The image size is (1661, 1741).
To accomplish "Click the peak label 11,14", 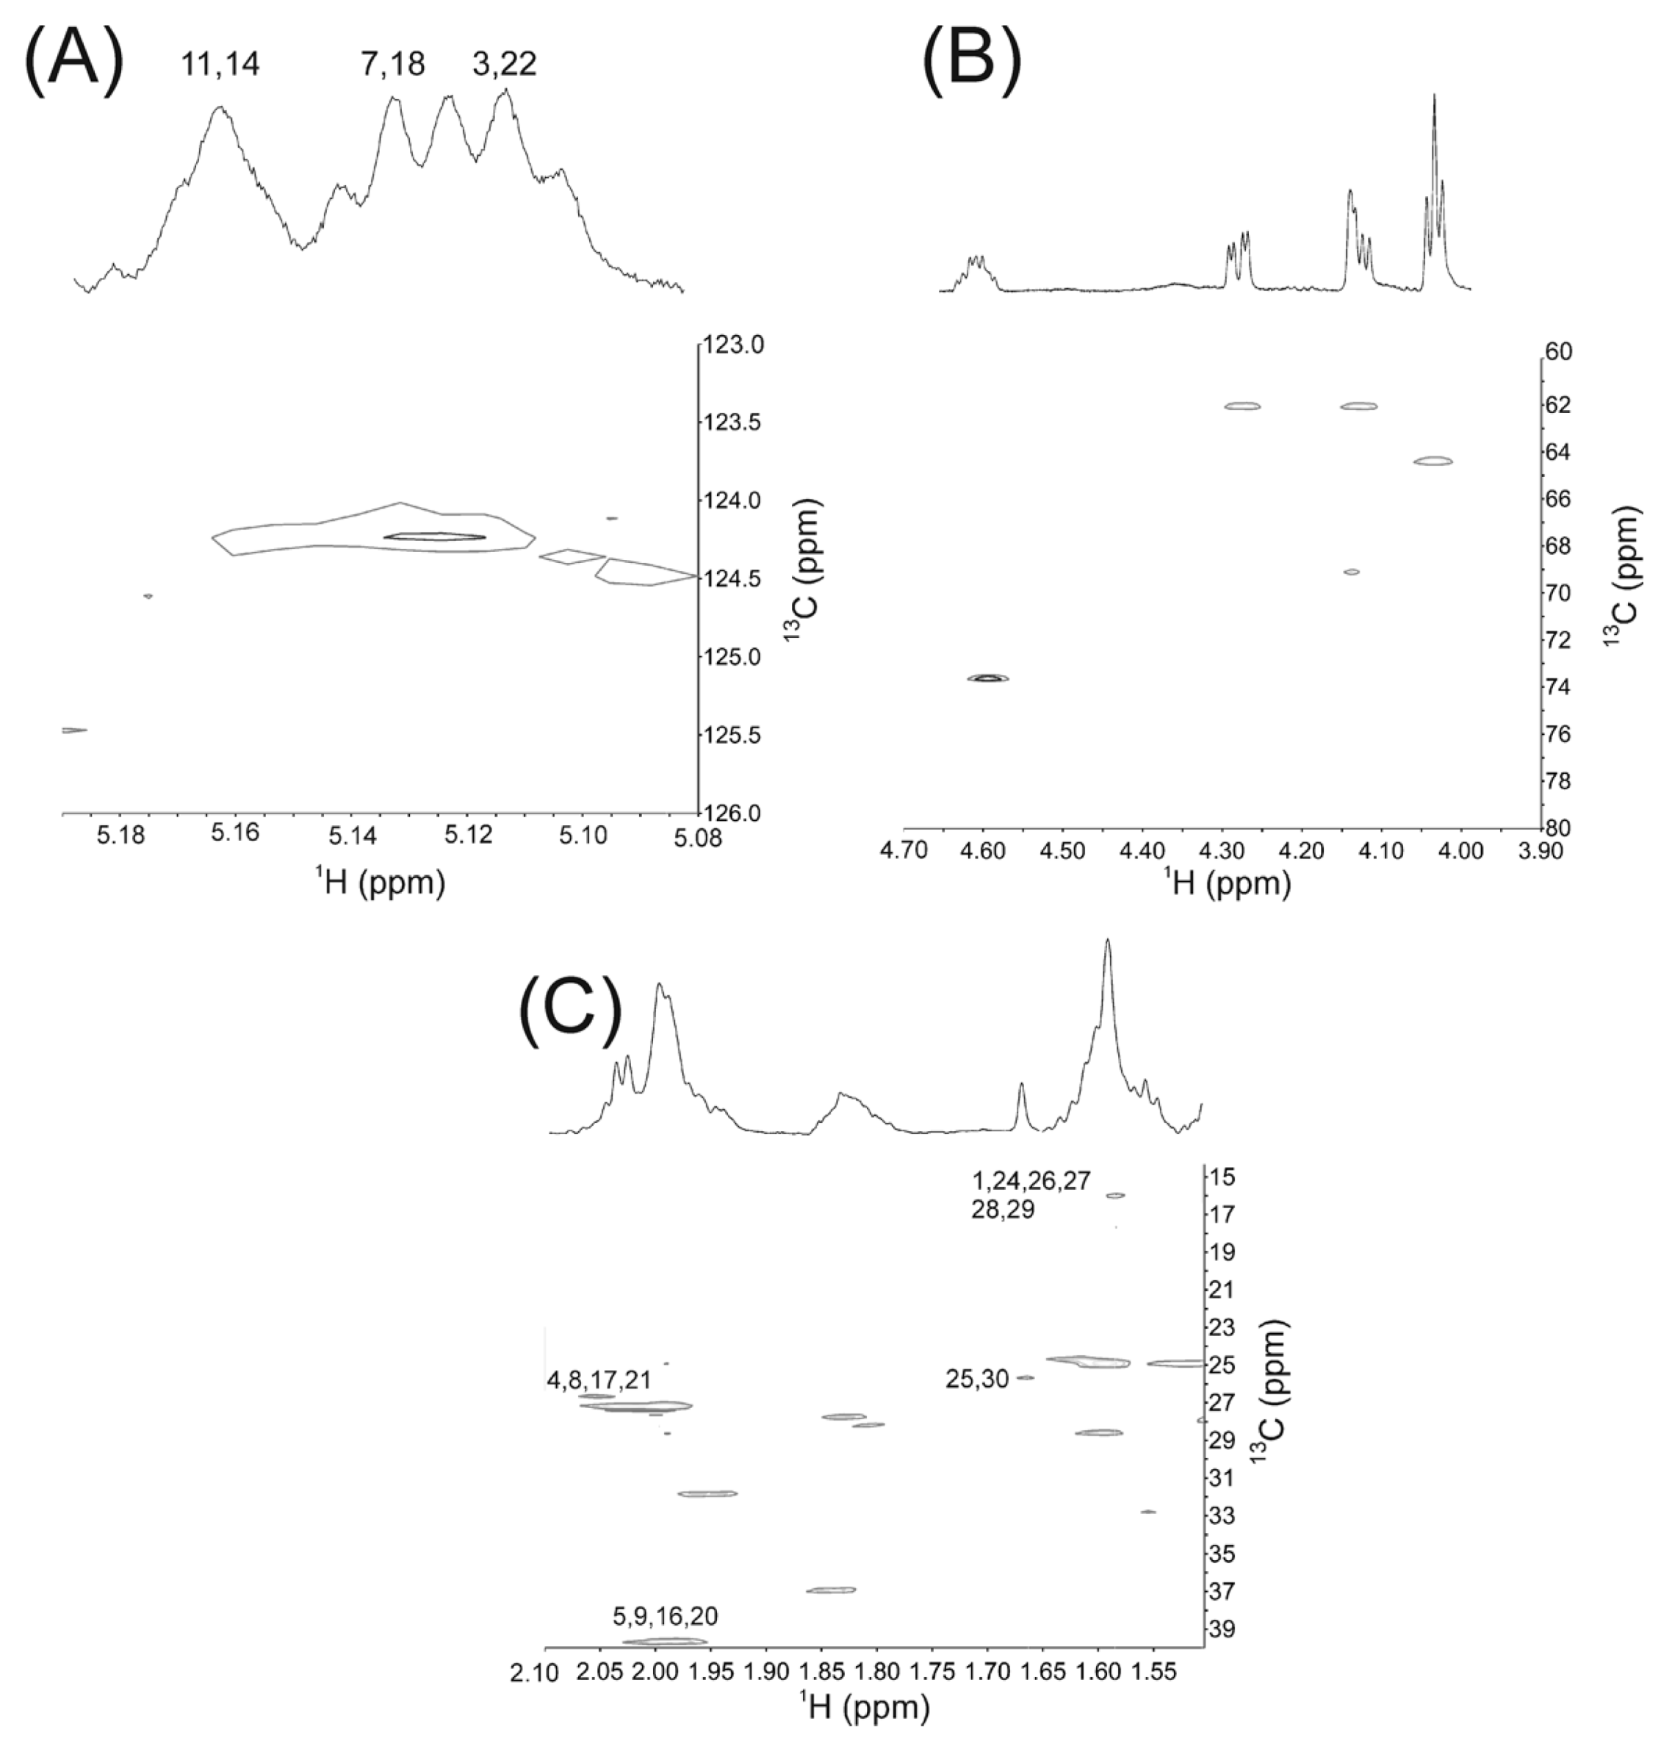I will point(220,64).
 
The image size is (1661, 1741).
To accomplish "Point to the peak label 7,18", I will point(392,64).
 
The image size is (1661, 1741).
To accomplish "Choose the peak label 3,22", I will point(504,64).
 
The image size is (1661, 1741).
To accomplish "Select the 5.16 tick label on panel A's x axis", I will point(236,833).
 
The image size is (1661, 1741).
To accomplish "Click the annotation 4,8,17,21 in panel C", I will point(599,1379).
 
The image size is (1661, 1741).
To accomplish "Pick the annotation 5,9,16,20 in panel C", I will point(665,1616).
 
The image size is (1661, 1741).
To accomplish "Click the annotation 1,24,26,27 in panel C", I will point(1031,1181).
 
